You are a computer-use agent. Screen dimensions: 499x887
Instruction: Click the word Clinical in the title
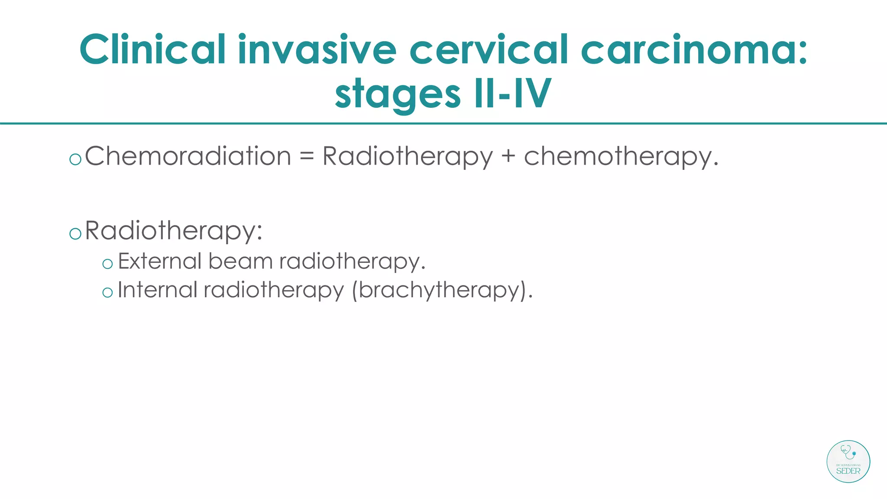(152, 50)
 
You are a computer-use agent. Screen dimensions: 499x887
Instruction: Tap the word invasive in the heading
(317, 50)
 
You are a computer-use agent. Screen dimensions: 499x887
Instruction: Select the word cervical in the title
(489, 50)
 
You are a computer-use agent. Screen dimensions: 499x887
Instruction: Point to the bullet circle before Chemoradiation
(75, 159)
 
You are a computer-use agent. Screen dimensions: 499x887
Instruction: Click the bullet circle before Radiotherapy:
(75, 234)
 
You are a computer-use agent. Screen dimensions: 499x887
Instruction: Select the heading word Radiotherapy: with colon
(174, 231)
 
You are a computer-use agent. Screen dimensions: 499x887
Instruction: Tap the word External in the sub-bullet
(160, 261)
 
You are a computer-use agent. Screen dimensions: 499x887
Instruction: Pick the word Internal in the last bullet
(158, 290)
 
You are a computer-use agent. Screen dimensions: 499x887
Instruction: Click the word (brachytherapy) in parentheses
(442, 290)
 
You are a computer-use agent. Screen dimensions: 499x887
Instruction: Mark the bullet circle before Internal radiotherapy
(107, 293)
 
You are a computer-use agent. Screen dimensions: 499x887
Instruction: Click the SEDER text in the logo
(848, 471)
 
